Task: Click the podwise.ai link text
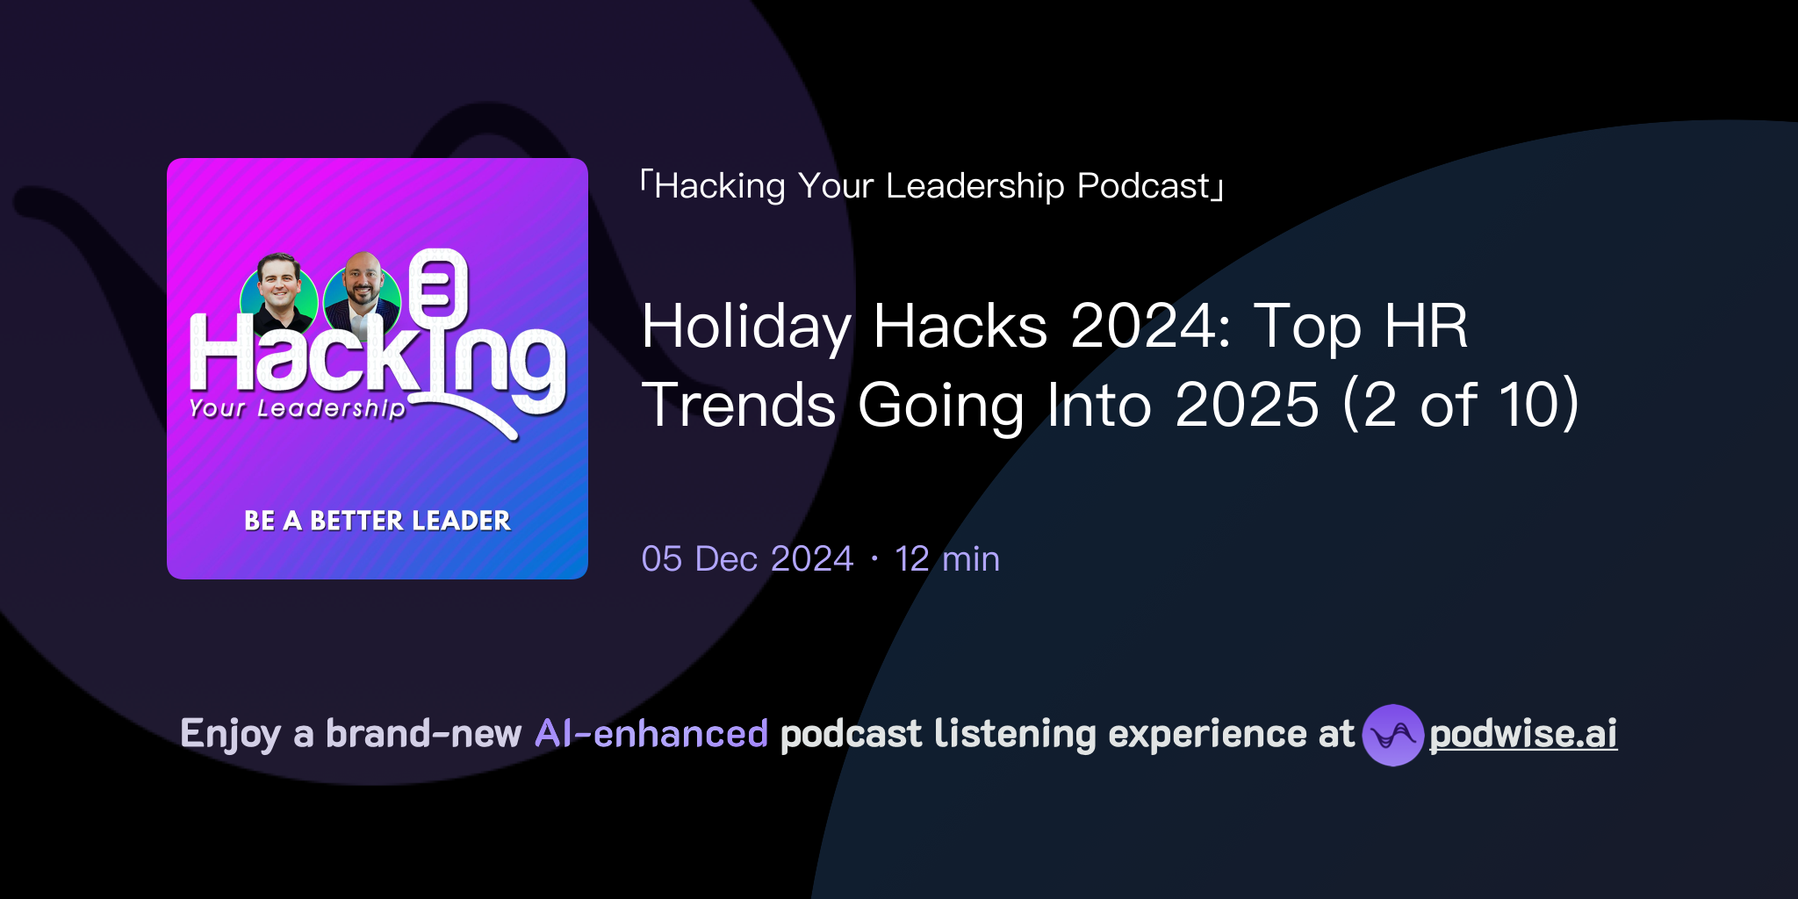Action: click(x=1522, y=734)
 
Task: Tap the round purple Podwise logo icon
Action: click(x=1392, y=735)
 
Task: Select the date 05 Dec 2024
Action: click(x=747, y=559)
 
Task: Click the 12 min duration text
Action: click(x=947, y=559)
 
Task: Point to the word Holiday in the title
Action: click(x=746, y=327)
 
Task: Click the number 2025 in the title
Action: click(x=1247, y=405)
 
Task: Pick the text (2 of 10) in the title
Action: click(x=1461, y=405)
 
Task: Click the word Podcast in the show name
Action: click(x=1144, y=186)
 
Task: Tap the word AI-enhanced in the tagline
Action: click(x=651, y=734)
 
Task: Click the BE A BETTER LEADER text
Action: click(x=378, y=521)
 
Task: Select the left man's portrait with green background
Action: click(x=279, y=294)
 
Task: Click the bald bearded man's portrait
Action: click(x=363, y=294)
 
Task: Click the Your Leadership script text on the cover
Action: click(x=297, y=408)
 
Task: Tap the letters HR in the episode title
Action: click(x=1426, y=327)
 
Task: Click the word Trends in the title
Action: click(x=738, y=405)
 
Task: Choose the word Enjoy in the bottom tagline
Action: click(x=230, y=734)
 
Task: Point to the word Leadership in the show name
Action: click(x=975, y=186)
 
